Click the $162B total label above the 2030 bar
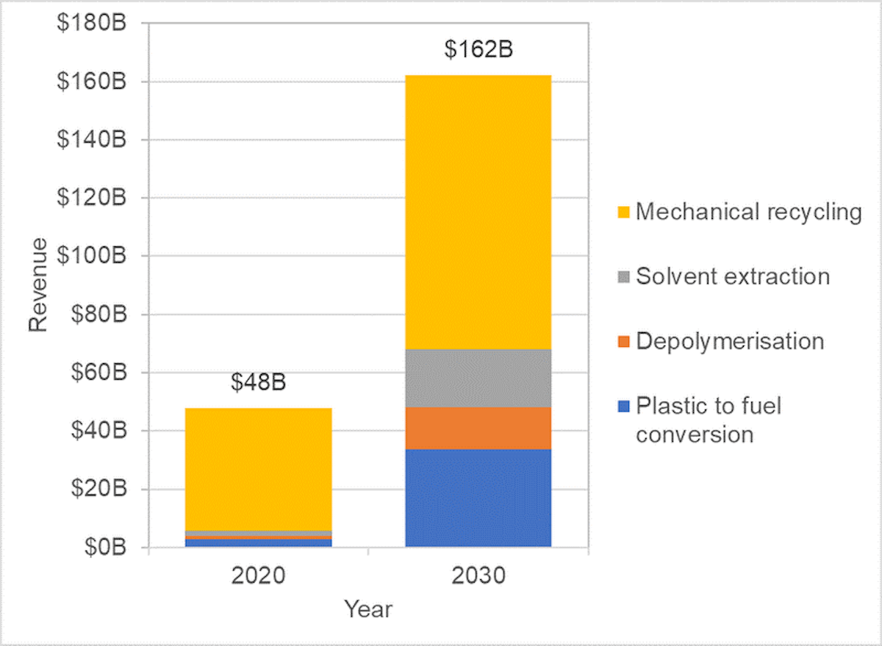[x=478, y=51]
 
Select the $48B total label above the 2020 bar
[x=258, y=384]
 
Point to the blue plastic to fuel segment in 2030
[x=478, y=498]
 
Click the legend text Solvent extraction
[x=733, y=277]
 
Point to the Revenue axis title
[x=39, y=284]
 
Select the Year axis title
[x=368, y=609]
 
